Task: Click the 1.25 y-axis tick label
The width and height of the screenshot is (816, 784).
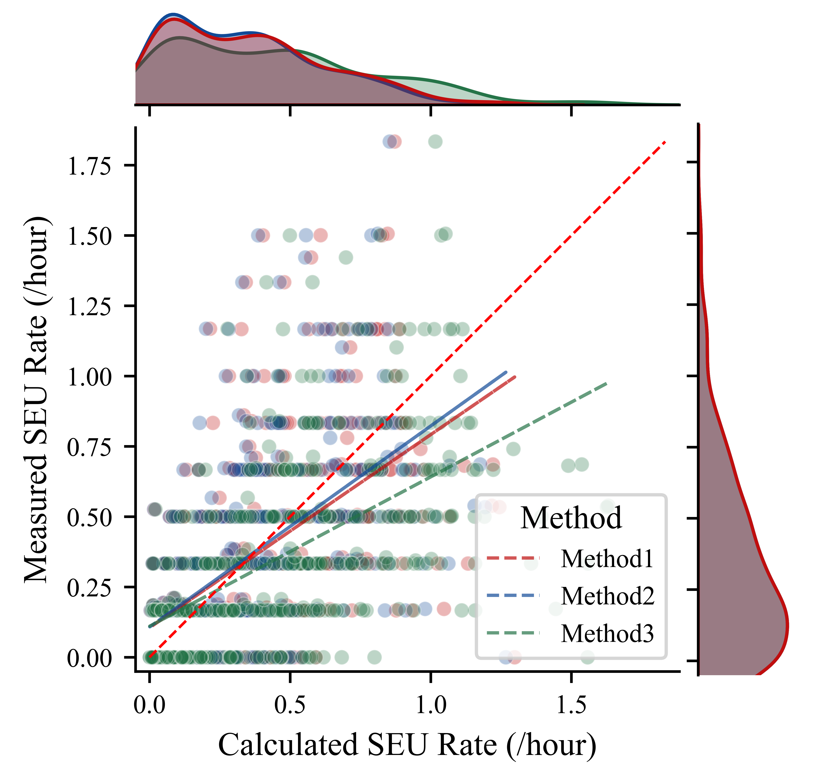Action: (x=89, y=307)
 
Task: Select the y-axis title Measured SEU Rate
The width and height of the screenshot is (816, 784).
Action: (x=37, y=400)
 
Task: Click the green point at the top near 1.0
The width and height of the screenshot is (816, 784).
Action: (x=435, y=142)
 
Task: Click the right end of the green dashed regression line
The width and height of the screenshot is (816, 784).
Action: (x=607, y=383)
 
